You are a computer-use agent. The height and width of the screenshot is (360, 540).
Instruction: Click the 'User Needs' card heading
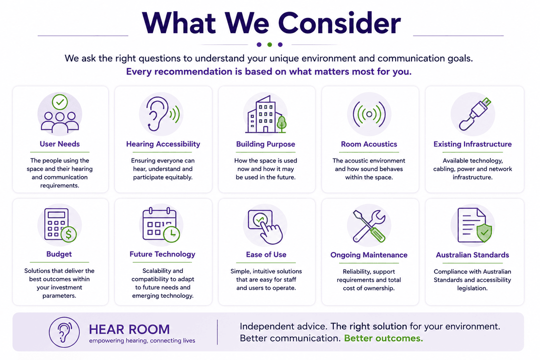point(59,144)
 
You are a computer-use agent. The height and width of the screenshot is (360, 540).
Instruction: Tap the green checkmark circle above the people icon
point(60,102)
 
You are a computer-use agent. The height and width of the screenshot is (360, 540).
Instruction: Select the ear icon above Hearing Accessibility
point(158,114)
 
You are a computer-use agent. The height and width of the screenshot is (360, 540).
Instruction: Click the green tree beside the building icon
point(281,124)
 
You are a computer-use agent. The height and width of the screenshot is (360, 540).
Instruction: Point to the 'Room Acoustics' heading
point(369,144)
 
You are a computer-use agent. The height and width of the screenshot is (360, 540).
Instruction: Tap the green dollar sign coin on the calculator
point(69,234)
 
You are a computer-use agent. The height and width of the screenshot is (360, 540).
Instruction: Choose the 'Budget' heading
point(59,254)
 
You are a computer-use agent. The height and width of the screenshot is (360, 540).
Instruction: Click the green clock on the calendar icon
point(172,234)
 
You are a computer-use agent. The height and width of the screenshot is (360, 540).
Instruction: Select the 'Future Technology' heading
point(162,254)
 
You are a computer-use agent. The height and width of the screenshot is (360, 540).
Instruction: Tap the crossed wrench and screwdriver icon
point(369,226)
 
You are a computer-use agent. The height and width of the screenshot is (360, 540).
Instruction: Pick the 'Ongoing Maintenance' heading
point(369,255)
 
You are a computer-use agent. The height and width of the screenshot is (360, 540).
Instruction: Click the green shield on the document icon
point(484,233)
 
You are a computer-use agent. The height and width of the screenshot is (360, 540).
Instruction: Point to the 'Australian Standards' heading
point(472,255)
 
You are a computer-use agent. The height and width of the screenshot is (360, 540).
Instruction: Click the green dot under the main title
point(270,44)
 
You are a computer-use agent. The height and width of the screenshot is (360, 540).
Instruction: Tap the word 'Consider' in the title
point(339,23)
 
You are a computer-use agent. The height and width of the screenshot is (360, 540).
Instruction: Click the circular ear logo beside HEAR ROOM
point(64,332)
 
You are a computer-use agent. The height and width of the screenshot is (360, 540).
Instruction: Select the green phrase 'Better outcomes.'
point(383,338)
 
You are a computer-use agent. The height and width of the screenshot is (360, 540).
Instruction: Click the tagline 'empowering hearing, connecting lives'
point(142,341)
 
